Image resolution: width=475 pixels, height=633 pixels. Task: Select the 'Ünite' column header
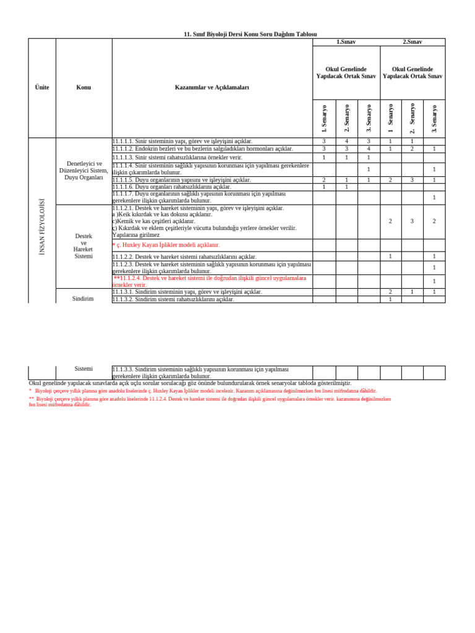coord(42,87)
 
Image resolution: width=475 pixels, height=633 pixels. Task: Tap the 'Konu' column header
coord(83,87)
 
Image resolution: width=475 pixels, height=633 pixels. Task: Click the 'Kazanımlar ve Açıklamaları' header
coord(212,87)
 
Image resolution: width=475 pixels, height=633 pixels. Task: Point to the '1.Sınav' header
coord(346,42)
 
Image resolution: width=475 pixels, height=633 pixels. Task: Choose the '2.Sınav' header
coord(413,42)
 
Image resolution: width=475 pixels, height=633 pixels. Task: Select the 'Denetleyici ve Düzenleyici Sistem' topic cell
coord(83,171)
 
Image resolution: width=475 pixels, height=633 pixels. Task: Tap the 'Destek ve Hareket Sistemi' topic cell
coord(83,246)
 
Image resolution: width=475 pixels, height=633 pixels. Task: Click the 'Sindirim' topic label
coord(83,299)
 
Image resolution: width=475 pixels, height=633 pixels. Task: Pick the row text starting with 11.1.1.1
coord(182,142)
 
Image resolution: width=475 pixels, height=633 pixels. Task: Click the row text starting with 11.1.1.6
coord(172,187)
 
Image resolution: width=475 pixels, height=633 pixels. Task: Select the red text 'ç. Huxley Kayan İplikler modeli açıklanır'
coord(166,245)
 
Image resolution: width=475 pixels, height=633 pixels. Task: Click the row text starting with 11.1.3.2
coord(173,299)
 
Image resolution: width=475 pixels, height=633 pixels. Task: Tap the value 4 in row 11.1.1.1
coord(347,142)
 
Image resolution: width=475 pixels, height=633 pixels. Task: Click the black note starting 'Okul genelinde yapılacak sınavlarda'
coord(190,383)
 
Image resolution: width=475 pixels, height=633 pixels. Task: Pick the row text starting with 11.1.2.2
coord(184,257)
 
